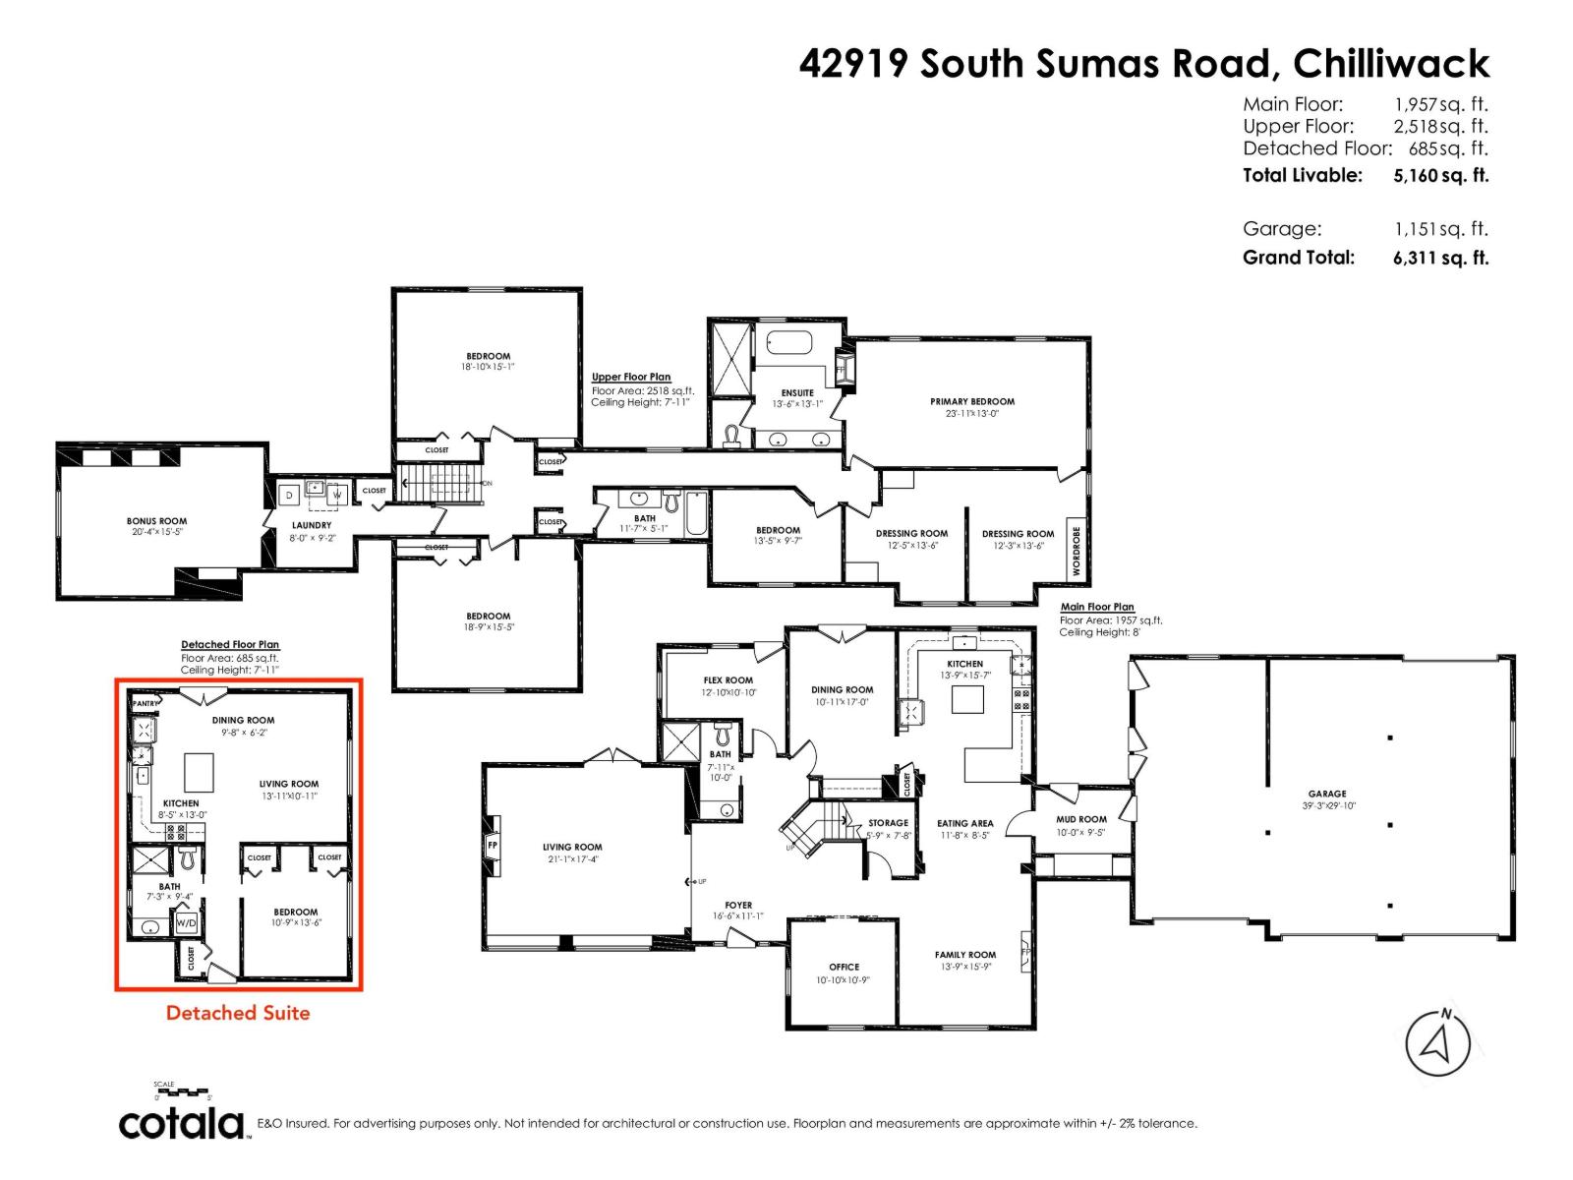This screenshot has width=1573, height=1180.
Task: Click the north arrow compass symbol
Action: point(1437,1042)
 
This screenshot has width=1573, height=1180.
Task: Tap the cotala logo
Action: point(182,1123)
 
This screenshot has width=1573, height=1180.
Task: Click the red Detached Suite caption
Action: point(238,1013)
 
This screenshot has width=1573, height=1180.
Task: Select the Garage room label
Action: point(1326,794)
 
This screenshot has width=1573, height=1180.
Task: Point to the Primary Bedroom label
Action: point(971,401)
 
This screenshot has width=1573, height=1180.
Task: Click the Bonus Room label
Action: point(156,521)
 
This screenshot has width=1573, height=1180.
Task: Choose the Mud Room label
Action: point(1080,819)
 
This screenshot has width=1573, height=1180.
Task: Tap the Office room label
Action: point(844,967)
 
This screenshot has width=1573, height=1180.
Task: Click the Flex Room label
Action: point(728,680)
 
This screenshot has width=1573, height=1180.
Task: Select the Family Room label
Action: point(964,955)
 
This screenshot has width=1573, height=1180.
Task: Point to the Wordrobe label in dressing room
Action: point(1077,551)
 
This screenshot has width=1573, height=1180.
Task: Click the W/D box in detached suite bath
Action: point(186,924)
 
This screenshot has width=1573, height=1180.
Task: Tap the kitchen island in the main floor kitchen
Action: point(966,699)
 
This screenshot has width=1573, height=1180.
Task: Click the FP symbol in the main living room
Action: point(493,845)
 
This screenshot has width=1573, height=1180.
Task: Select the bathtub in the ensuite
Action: point(788,344)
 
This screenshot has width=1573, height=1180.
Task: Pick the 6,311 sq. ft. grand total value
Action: point(1440,258)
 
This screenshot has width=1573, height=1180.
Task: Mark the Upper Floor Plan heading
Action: point(631,377)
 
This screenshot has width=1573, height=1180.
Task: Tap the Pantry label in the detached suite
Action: point(145,704)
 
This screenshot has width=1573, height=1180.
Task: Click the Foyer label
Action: point(738,905)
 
